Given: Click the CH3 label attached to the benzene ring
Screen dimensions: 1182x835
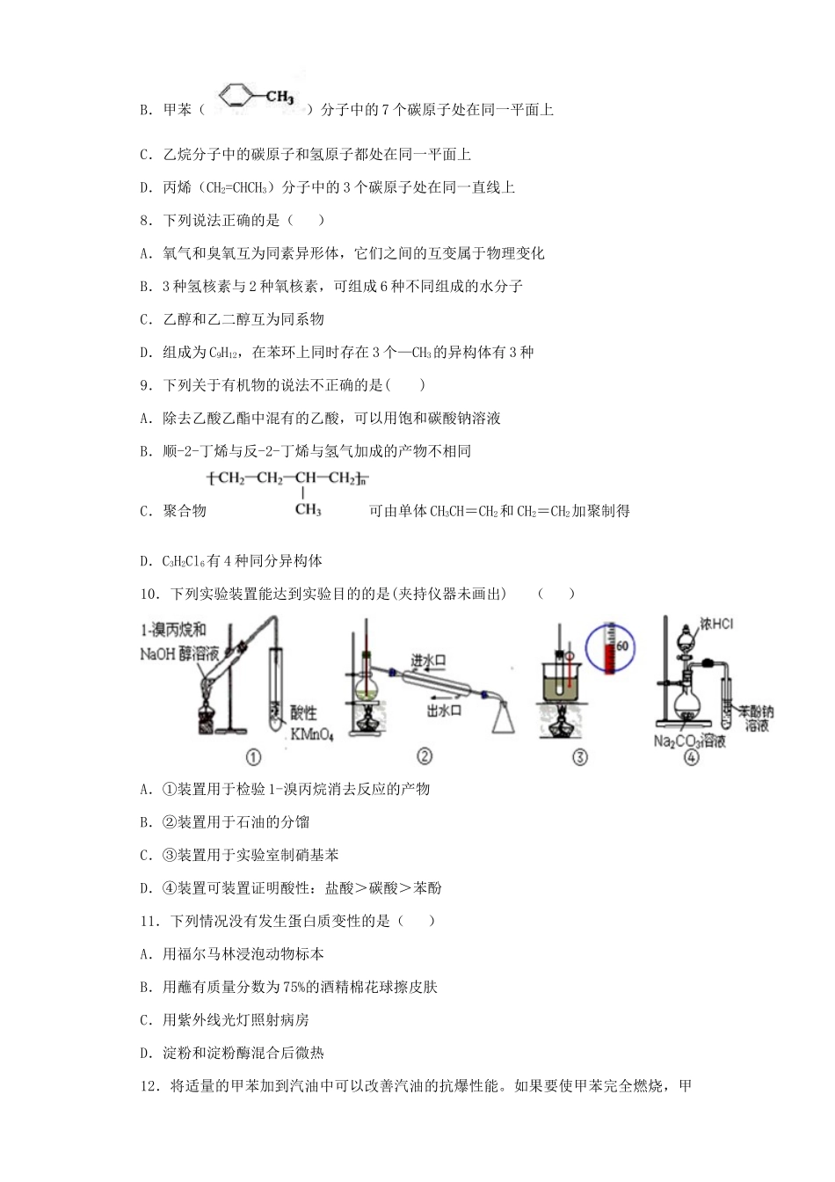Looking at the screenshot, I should coord(279,97).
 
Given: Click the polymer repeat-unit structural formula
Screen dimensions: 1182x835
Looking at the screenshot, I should coord(287,491).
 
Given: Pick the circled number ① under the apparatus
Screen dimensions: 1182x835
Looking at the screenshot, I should coord(252,756).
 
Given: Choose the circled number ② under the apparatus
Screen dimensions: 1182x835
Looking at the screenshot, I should coord(424,756).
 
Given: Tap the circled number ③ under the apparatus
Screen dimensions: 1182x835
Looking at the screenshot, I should coord(579,756).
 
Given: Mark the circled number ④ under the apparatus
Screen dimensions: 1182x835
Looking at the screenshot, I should coord(691,756).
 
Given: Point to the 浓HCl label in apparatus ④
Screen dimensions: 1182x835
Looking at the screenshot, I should coord(716,624).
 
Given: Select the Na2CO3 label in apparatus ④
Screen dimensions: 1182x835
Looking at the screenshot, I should coord(670,741).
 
